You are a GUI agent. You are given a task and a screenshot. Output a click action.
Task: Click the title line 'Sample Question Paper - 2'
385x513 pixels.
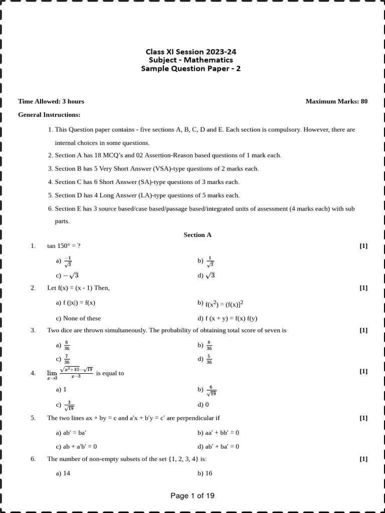coord(191,69)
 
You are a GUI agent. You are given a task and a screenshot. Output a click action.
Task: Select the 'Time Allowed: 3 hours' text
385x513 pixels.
coord(51,101)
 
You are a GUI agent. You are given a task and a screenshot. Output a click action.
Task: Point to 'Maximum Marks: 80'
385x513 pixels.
coord(336,101)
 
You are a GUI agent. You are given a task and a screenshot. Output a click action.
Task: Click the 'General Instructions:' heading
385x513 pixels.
coord(49,115)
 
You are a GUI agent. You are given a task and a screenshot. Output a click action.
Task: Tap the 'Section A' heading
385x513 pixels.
coord(198,234)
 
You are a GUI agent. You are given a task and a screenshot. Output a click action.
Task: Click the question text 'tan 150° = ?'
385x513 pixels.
coord(64,245)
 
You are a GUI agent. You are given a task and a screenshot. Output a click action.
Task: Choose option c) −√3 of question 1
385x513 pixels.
coord(68,275)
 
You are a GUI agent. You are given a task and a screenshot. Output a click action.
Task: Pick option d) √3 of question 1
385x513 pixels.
coord(206,275)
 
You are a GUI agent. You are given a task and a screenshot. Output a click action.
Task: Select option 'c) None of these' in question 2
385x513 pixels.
coord(78,318)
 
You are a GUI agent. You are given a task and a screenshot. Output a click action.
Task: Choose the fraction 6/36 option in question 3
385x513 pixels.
coord(64,346)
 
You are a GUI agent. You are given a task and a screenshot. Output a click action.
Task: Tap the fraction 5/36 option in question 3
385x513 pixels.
coord(206,360)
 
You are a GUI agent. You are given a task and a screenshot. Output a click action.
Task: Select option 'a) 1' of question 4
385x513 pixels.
coord(61,389)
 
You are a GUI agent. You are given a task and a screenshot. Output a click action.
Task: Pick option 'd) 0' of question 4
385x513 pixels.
coord(203,404)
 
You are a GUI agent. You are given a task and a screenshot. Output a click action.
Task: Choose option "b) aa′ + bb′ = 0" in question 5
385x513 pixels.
coord(219,432)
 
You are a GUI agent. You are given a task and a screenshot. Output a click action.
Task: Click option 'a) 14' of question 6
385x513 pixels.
coord(63,473)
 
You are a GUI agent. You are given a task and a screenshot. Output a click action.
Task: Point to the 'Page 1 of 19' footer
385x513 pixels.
coord(192,496)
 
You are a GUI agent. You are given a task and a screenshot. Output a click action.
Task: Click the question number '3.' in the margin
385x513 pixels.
coord(33,330)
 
